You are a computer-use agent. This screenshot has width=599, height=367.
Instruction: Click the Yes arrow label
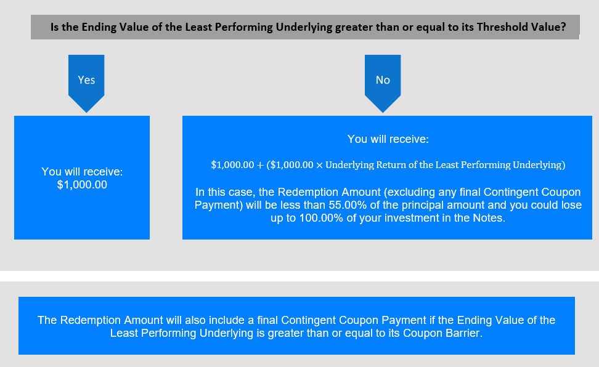point(86,80)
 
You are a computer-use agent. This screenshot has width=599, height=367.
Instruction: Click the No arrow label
point(383,80)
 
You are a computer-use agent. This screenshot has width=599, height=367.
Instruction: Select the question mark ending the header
point(563,27)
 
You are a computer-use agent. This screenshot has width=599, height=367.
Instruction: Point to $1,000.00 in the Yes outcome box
point(82,185)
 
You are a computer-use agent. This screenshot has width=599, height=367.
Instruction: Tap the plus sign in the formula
point(260,165)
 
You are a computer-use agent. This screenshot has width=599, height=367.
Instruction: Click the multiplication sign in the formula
point(319,165)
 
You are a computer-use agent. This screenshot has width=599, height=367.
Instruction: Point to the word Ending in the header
point(99,27)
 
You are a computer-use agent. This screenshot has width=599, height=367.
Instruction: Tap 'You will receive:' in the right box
point(388,139)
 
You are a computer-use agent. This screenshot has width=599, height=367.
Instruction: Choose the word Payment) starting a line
point(219,205)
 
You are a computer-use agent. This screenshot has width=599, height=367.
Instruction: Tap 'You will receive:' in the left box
point(82,172)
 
